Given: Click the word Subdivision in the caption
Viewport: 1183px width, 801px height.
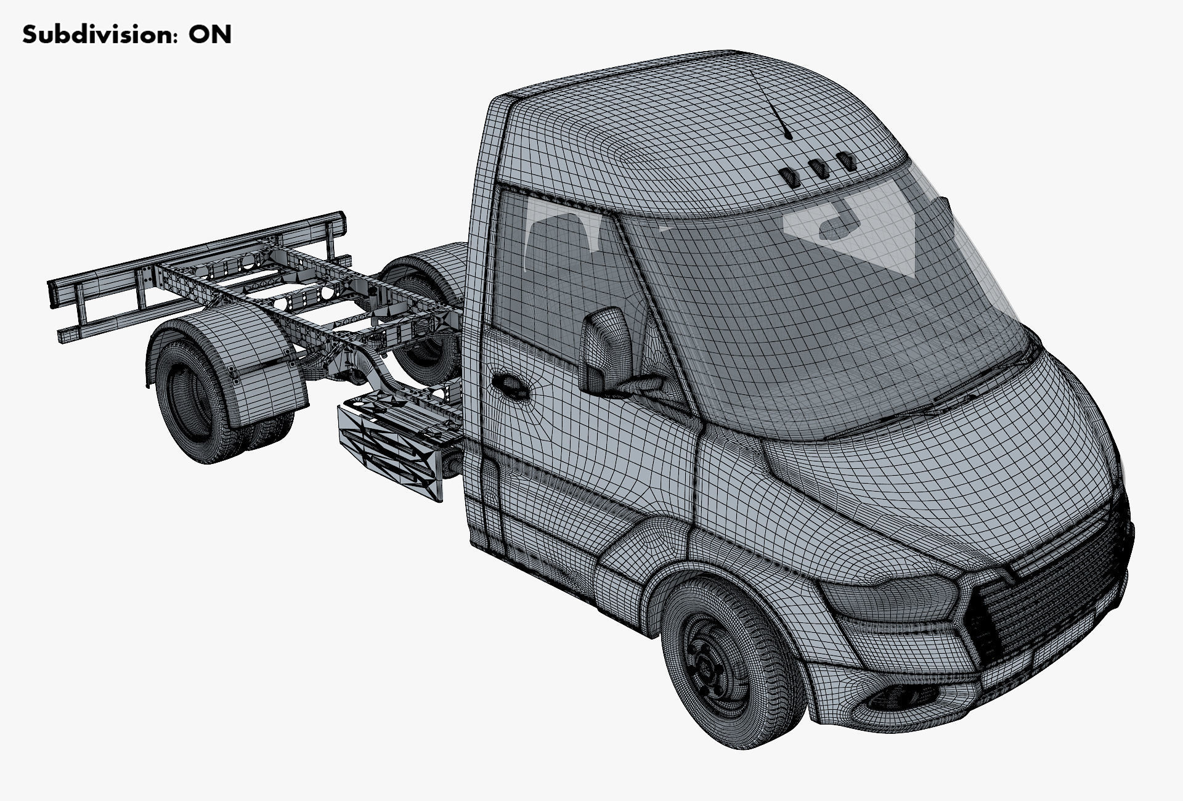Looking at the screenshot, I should [92, 35].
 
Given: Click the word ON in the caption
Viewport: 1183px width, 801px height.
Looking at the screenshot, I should [210, 35].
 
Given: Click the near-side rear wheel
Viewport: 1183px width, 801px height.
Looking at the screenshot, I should [191, 394].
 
